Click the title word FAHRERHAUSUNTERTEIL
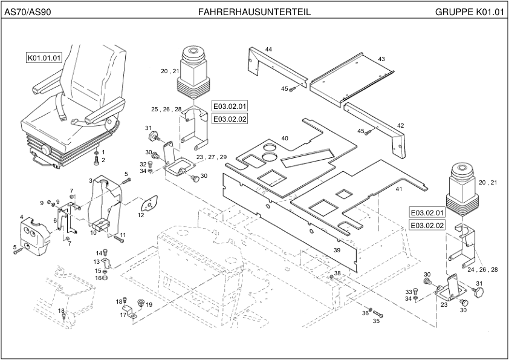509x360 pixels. pyautogui.click(x=254, y=12)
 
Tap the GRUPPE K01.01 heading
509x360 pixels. pyautogui.click(x=468, y=12)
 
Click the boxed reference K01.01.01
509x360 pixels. pyautogui.click(x=44, y=58)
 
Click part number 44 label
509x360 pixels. pyautogui.click(x=268, y=49)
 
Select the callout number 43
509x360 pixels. pyautogui.click(x=381, y=59)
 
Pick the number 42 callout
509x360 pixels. pyautogui.click(x=400, y=126)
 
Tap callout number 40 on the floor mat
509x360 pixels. pyautogui.click(x=285, y=139)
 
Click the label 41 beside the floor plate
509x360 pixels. pyautogui.click(x=399, y=189)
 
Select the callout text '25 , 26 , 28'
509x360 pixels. pyautogui.click(x=166, y=110)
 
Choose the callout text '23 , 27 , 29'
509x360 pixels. pyautogui.click(x=212, y=157)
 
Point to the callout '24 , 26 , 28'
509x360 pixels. pyautogui.click(x=482, y=269)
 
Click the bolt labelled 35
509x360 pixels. pyautogui.click(x=378, y=313)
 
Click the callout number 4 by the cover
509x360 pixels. pyautogui.click(x=22, y=217)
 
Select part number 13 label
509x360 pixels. pyautogui.click(x=97, y=261)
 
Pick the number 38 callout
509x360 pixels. pyautogui.click(x=337, y=273)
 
